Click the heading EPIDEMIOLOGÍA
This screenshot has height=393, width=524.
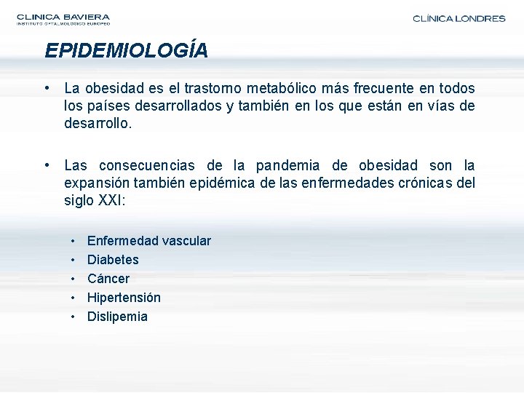click(x=126, y=50)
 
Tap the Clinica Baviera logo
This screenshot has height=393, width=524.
click(x=63, y=19)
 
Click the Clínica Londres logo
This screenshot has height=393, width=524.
click(x=458, y=19)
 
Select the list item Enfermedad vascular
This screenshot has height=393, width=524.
click(x=148, y=241)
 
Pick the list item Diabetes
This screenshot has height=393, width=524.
click(x=113, y=260)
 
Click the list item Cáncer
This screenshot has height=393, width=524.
click(x=108, y=279)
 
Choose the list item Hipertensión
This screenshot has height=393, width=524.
click(x=124, y=298)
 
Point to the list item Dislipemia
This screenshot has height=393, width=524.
click(x=117, y=317)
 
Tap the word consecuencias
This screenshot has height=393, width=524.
click(x=146, y=165)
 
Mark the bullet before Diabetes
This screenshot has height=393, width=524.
click(x=75, y=260)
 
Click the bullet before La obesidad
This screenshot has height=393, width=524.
click(x=47, y=89)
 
